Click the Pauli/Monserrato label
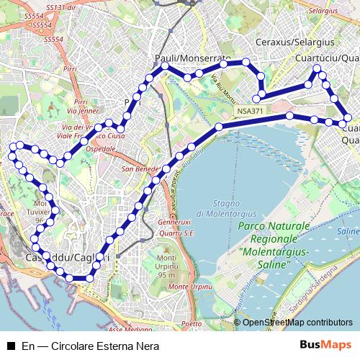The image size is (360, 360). point(192,57)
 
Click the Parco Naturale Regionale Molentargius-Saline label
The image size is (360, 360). point(273,246)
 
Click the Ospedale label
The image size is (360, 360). point(100,148)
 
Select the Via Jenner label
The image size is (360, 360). point(81,111)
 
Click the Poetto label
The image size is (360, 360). point(192,324)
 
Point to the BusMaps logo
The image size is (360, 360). point(325,346)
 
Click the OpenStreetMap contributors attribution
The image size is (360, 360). point(297,323)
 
